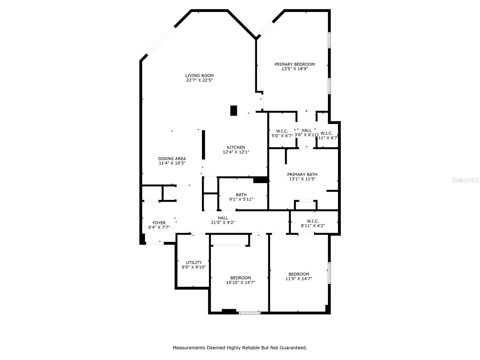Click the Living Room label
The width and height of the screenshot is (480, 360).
(x=199, y=76)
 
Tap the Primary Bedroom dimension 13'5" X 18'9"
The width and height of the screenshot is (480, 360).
(x=295, y=69)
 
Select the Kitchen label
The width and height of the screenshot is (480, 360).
(x=236, y=147)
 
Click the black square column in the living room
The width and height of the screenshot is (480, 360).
(x=233, y=110)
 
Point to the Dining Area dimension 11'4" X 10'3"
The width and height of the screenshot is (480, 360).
(x=172, y=163)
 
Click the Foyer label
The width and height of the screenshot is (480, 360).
(x=159, y=223)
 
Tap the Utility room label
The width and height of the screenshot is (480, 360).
(x=194, y=262)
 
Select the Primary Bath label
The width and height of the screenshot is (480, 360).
(x=302, y=174)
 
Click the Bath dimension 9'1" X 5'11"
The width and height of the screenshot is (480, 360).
(x=241, y=199)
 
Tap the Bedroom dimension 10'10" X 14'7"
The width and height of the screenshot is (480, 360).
(x=241, y=282)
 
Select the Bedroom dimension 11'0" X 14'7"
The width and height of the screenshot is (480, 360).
(x=299, y=279)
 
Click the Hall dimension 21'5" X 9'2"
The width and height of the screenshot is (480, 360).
(x=223, y=223)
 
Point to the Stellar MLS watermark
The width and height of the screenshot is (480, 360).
(x=465, y=180)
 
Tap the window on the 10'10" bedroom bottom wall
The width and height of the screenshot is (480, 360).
(x=250, y=313)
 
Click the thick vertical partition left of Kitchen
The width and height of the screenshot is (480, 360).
(x=203, y=145)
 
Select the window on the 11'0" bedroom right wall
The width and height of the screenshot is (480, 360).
(x=329, y=273)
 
